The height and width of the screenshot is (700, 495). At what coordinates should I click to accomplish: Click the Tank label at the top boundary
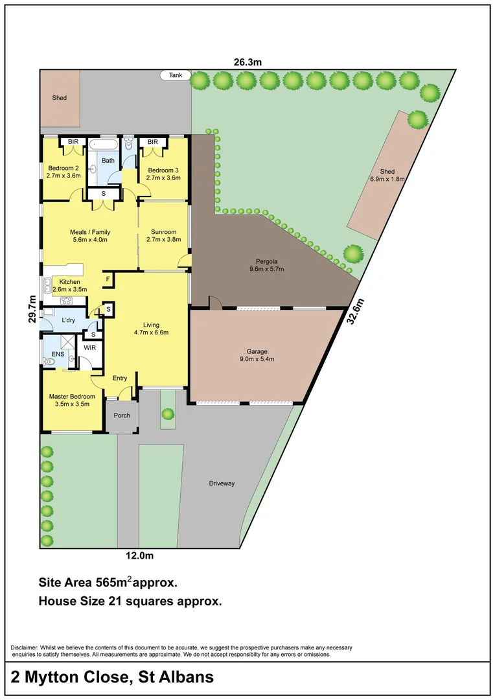176,75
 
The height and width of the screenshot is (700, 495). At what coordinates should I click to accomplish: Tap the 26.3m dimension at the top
247,62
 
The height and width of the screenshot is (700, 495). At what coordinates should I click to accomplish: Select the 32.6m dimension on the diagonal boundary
357,313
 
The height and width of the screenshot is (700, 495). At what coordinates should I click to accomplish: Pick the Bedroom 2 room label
63,172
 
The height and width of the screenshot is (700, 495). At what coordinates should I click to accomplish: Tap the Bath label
108,160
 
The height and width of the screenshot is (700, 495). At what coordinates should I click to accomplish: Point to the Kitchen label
70,286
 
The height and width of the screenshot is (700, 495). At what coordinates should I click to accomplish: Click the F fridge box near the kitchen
108,279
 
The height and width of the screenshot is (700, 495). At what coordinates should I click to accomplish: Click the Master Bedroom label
73,400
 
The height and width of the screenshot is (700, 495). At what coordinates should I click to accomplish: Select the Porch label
122,415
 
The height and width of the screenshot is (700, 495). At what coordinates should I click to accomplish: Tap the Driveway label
222,484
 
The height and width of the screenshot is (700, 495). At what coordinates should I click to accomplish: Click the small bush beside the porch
168,413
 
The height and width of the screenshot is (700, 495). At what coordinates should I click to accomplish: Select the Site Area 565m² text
108,581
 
